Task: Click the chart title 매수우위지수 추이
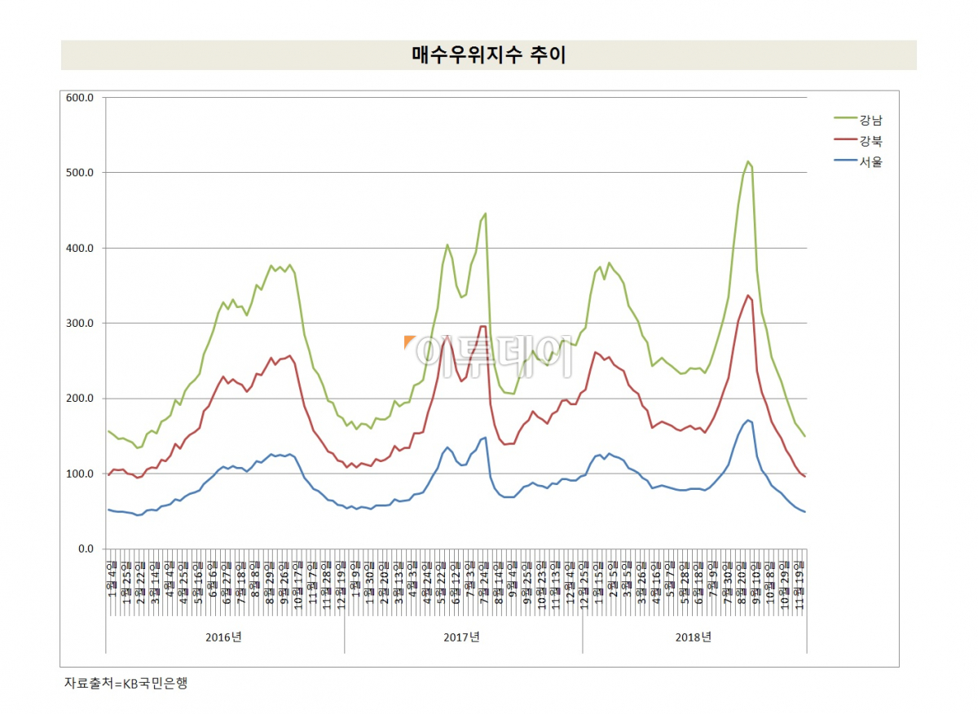point(488,55)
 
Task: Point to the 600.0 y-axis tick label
point(80,98)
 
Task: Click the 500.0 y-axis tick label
point(80,173)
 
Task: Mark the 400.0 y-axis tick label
point(80,248)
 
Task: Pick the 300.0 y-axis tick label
point(80,324)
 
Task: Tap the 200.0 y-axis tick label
point(80,399)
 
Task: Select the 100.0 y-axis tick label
point(80,474)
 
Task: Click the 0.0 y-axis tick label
point(85,549)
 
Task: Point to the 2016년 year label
point(224,637)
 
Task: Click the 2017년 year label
point(463,637)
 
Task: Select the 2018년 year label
point(694,637)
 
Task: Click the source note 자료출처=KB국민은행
point(126,684)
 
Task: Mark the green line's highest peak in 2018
point(748,161)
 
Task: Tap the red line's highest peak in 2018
point(748,295)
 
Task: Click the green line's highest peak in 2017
point(486,214)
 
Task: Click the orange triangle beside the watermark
point(408,342)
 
